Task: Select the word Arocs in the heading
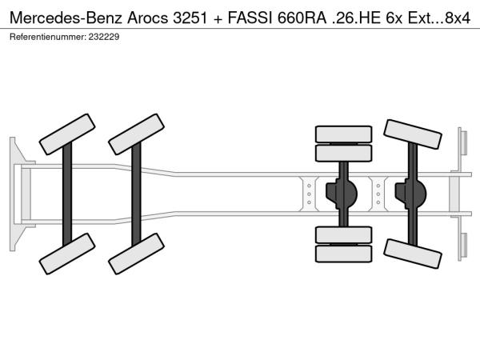click(148, 18)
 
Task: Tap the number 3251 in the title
click(190, 18)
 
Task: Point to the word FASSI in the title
click(250, 18)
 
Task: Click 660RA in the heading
click(302, 18)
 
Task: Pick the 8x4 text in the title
click(458, 18)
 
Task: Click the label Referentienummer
click(48, 37)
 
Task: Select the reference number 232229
click(104, 37)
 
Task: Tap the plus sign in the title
click(218, 19)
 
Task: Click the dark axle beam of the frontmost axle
click(67, 194)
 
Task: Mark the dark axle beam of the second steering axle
click(136, 194)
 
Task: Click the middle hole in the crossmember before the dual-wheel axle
click(309, 194)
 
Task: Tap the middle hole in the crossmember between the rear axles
click(378, 194)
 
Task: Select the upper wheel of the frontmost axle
click(67, 134)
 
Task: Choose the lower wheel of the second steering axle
click(136, 254)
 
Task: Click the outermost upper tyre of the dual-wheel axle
click(343, 134)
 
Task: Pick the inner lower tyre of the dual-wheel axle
click(343, 235)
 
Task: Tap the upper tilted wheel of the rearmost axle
click(413, 134)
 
